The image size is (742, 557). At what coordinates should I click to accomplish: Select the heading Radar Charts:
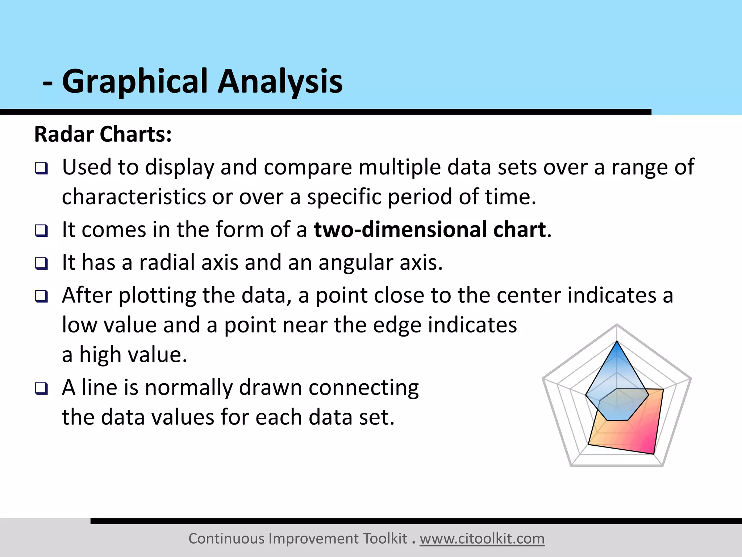click(103, 134)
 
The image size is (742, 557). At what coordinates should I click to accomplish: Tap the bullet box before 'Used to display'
click(41, 168)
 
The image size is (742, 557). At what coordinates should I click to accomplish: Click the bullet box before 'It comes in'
click(41, 231)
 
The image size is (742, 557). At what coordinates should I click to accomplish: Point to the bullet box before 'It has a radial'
click(41, 263)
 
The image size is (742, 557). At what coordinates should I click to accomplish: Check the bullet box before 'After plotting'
click(41, 296)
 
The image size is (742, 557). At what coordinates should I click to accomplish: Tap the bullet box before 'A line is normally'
click(41, 389)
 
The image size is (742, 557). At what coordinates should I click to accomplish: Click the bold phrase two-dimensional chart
click(430, 230)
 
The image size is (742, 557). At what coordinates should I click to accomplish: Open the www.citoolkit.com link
click(482, 539)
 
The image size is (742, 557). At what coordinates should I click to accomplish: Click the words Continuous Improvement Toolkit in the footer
click(298, 539)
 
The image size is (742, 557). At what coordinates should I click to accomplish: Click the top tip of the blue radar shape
click(617, 342)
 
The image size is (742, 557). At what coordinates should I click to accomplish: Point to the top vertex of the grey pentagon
click(617, 325)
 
